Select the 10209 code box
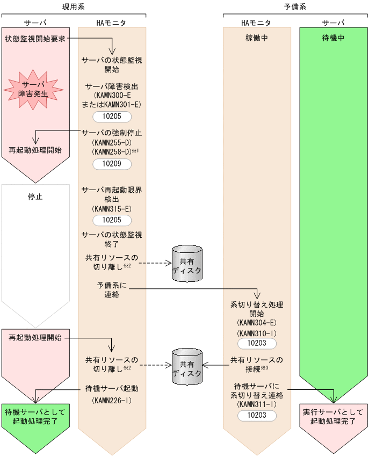pos(111,163)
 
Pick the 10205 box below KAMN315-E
pos(111,220)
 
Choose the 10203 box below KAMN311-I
pos(256,415)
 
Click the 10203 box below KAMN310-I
pos(256,343)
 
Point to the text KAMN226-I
pos(111,400)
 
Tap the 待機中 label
pos(333,38)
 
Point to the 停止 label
pos(35,197)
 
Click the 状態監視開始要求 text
pos(35,39)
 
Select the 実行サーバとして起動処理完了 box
pos(333,416)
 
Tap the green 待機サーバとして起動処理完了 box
pos(35,416)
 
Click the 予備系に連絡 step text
pos(111,290)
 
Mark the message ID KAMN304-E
pos(256,323)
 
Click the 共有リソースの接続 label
pos(256,364)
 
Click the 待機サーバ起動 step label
pos(111,388)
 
